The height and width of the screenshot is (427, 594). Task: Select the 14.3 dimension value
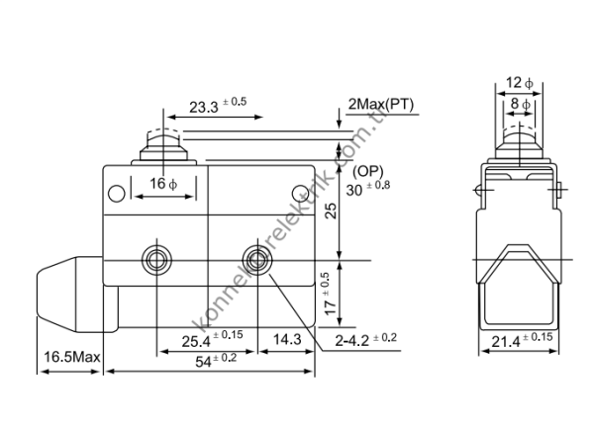click(286, 340)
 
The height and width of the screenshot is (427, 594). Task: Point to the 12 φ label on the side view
click(518, 83)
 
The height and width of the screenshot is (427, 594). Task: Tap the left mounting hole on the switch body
click(155, 261)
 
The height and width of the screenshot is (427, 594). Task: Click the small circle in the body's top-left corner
click(119, 192)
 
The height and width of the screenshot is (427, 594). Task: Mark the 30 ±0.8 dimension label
click(368, 188)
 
